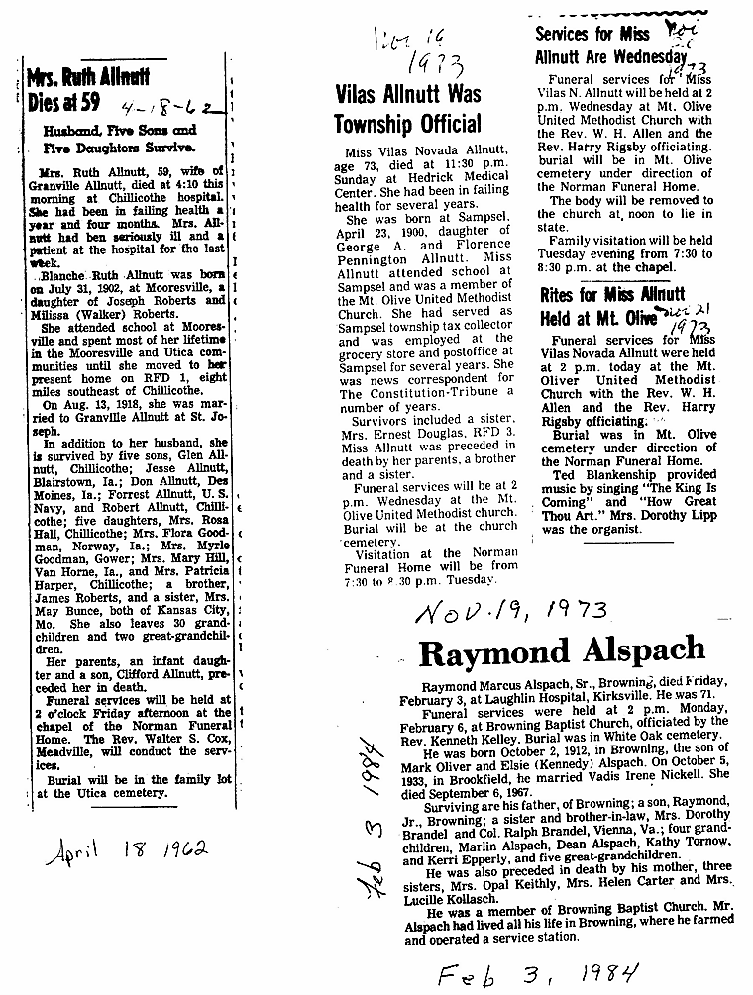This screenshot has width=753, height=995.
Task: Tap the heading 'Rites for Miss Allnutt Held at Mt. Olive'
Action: pos(612,306)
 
